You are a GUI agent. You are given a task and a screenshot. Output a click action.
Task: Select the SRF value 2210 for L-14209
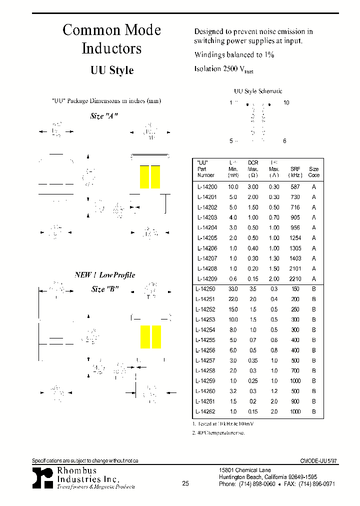(295, 279)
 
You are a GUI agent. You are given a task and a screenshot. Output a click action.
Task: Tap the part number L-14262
(205, 411)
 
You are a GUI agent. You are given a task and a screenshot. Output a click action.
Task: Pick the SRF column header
(295, 169)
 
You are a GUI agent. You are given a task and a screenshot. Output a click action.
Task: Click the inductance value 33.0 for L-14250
(233, 289)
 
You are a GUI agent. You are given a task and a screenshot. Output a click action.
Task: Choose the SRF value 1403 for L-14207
(295, 258)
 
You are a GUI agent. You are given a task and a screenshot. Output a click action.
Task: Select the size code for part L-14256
(314, 350)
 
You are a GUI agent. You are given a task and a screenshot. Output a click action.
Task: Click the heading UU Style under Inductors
(112, 70)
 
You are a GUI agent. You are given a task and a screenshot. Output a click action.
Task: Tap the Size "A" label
(104, 116)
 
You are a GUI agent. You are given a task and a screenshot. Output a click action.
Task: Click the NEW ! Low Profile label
(105, 275)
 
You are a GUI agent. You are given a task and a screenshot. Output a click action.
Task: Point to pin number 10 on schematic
(286, 102)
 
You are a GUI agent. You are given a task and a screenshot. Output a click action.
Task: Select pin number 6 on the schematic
(284, 141)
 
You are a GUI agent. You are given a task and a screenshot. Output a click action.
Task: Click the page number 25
(185, 483)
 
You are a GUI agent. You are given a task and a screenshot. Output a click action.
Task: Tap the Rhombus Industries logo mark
(42, 478)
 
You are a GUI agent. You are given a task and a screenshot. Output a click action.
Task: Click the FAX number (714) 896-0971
(316, 484)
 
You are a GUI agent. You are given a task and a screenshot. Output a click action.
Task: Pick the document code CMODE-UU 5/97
(315, 461)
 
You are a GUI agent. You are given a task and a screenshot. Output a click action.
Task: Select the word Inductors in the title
(111, 49)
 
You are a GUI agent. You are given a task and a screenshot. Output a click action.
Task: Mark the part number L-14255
(205, 340)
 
